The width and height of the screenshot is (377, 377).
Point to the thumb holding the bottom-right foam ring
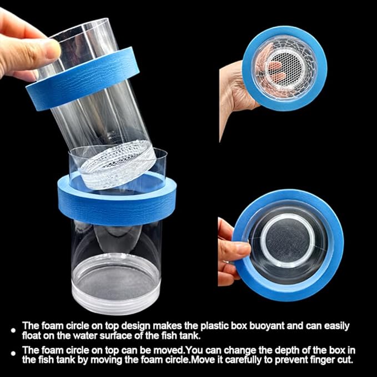click(x=234, y=250)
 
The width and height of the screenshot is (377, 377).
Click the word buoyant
click(x=266, y=326)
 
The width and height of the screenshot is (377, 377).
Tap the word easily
click(x=332, y=326)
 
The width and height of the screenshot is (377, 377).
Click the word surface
click(x=115, y=335)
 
